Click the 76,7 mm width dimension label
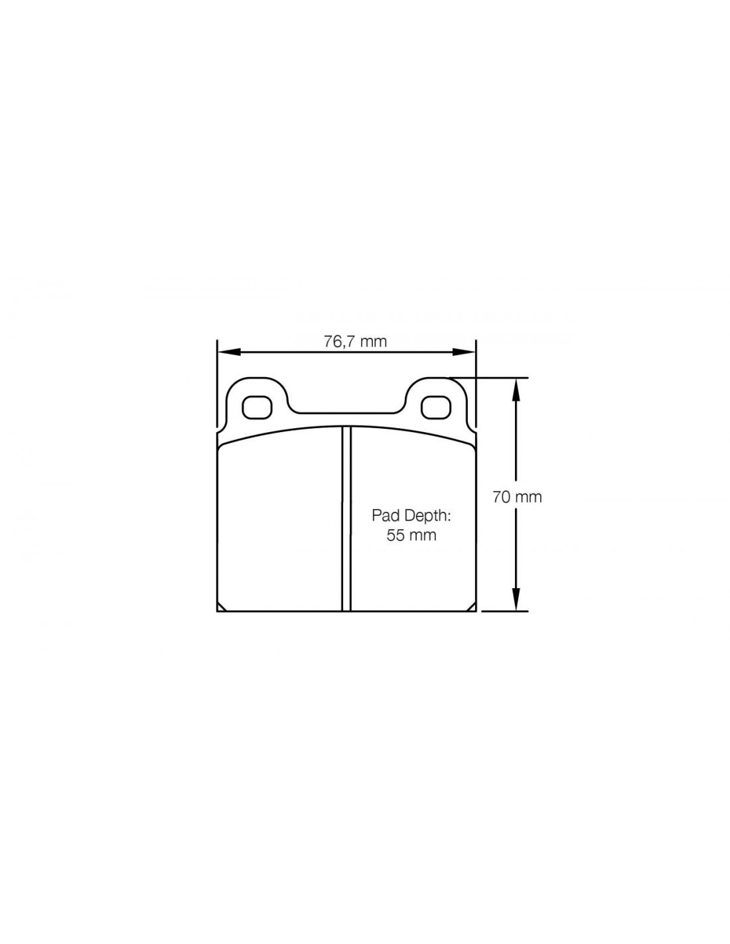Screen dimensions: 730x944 pyautogui.click(x=355, y=341)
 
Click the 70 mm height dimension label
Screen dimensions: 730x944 pyautogui.click(x=517, y=497)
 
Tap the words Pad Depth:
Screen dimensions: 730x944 pyautogui.click(x=411, y=516)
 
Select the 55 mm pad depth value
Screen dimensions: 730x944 pyautogui.click(x=411, y=535)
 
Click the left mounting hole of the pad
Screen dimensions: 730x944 pyautogui.click(x=257, y=408)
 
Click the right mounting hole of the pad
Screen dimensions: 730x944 pyautogui.click(x=437, y=408)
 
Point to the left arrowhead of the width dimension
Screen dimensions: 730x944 pyautogui.click(x=228, y=352)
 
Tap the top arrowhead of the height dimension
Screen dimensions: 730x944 pyautogui.click(x=516, y=389)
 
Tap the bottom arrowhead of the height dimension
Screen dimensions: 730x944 pyautogui.click(x=516, y=599)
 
